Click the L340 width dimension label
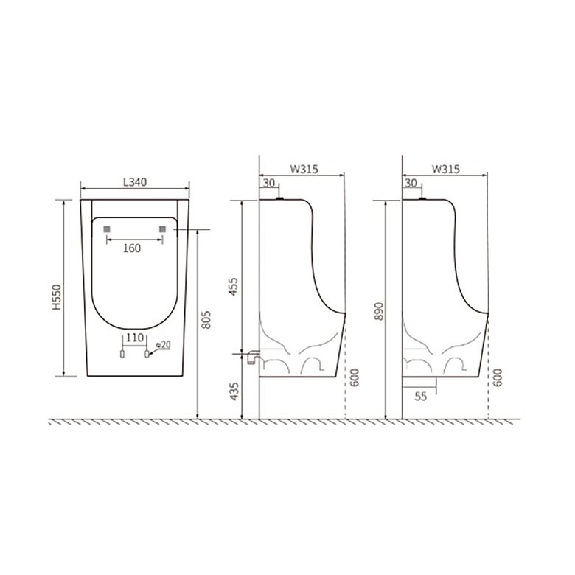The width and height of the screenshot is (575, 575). (x=135, y=182)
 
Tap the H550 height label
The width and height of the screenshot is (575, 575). (x=57, y=297)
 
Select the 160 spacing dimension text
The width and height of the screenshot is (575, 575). (x=132, y=248)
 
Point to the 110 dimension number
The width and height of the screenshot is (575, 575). (x=135, y=338)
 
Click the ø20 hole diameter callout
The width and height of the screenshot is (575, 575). (x=163, y=345)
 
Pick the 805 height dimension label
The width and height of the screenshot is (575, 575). (x=207, y=319)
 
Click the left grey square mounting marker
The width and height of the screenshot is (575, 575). (x=107, y=229)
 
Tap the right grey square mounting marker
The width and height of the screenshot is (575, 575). (x=162, y=229)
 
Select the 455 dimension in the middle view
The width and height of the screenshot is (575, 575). (x=233, y=287)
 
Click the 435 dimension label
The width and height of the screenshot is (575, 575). (x=234, y=391)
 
